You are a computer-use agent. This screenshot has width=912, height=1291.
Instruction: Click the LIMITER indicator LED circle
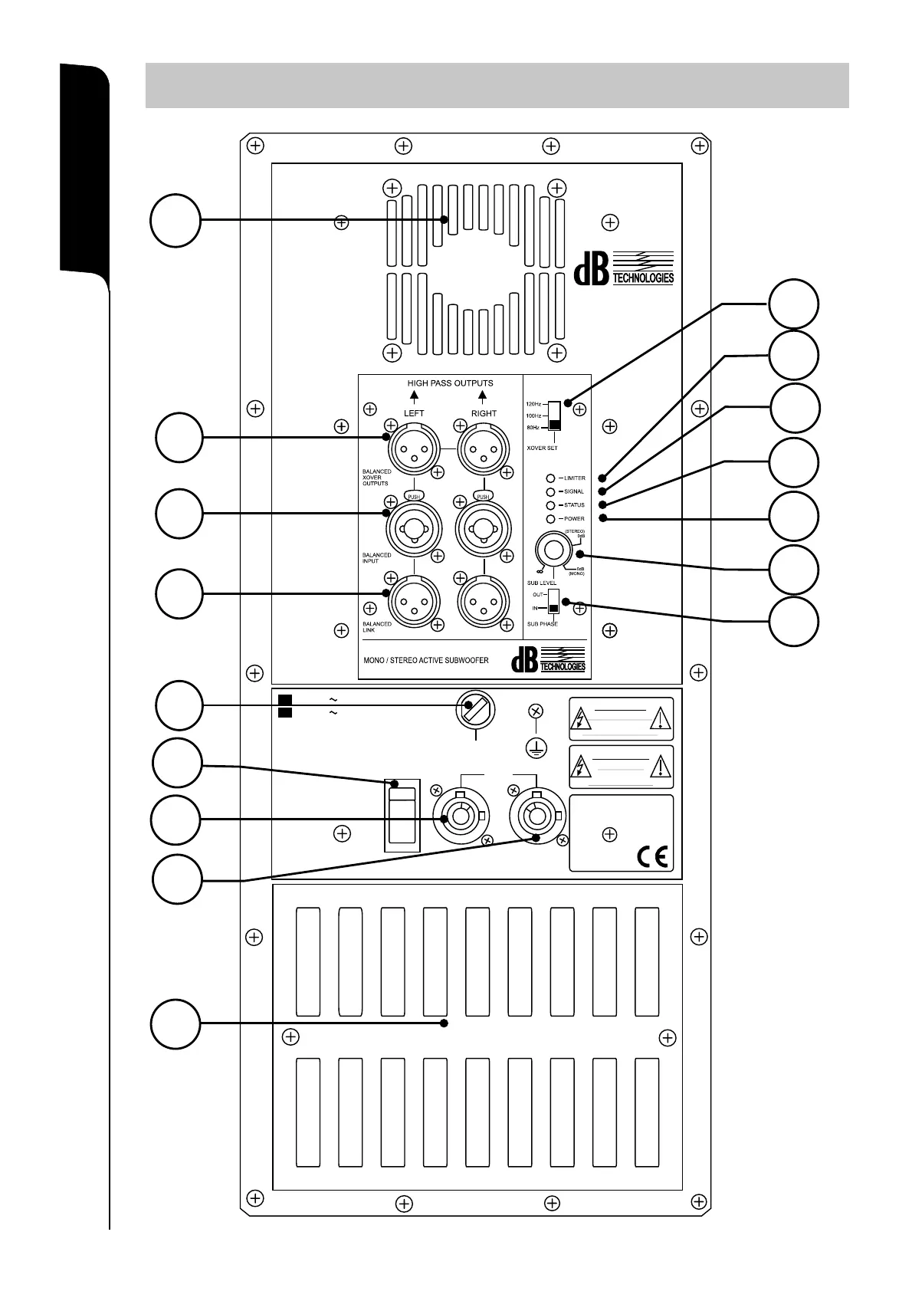[x=550, y=478]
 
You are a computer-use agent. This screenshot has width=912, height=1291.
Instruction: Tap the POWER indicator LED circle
[x=550, y=519]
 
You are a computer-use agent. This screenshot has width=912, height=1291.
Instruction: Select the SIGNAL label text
[x=574, y=491]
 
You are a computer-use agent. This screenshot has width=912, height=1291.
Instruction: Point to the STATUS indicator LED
[x=550, y=505]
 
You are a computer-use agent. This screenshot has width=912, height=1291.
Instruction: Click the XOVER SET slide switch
[x=555, y=416]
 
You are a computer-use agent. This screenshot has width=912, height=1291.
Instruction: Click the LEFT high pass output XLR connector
[x=414, y=449]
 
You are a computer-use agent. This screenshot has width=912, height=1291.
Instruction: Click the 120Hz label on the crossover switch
[x=533, y=403]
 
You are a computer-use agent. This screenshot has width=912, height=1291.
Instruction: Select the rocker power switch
[x=402, y=817]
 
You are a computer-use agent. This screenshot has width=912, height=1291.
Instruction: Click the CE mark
[x=652, y=856]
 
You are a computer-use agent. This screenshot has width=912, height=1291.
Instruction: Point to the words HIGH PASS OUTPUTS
[x=450, y=383]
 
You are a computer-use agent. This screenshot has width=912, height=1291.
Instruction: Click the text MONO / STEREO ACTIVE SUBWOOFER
[x=425, y=660]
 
